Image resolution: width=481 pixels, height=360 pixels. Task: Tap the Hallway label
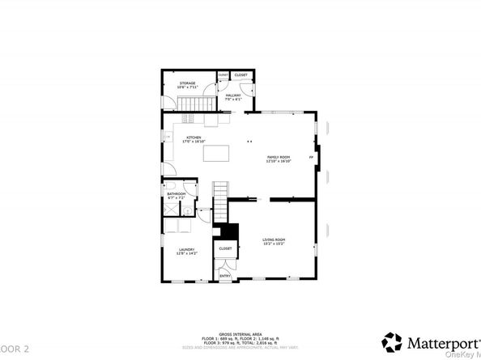(x=233, y=97)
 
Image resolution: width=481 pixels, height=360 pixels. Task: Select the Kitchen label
(x=194, y=139)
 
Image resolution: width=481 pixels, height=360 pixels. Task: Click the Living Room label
(x=274, y=241)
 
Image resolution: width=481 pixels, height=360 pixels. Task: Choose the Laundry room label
(x=188, y=252)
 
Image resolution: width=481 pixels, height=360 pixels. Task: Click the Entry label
(x=225, y=276)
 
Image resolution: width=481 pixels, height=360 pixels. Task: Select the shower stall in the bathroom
(x=172, y=210)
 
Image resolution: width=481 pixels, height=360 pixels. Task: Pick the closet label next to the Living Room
(x=225, y=248)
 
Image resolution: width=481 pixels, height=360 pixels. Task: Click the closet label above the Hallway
(x=241, y=75)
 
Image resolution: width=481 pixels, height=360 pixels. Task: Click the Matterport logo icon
(x=392, y=341)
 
